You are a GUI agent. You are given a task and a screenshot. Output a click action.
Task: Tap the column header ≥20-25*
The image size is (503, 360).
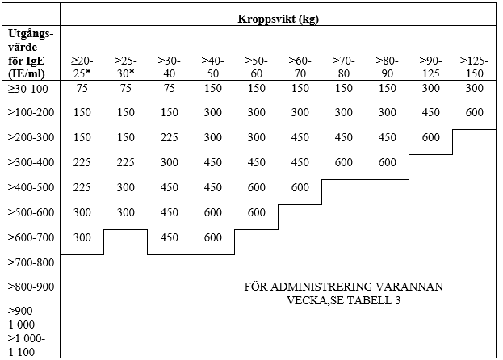click(82, 66)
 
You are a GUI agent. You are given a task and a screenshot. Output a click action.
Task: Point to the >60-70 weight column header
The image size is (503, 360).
click(300, 66)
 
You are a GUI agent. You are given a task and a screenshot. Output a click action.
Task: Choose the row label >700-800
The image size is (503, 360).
click(30, 262)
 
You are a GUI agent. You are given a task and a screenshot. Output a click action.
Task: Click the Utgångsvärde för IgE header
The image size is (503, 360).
click(31, 53)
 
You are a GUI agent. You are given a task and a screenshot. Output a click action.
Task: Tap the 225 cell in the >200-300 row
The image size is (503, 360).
click(169, 137)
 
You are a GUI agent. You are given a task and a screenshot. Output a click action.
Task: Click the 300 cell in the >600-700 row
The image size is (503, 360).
click(82, 237)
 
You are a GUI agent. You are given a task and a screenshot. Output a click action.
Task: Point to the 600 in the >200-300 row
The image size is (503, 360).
click(431, 137)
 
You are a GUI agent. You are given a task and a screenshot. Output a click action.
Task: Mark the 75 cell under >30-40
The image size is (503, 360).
click(169, 88)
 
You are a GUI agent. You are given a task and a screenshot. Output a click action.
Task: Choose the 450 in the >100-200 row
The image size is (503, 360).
click(431, 112)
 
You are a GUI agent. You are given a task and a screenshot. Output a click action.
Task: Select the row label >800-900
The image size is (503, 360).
click(30, 287)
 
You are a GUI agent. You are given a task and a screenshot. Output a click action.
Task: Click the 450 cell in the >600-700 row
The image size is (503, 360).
click(169, 237)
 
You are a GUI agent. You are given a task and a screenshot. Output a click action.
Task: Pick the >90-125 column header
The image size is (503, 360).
click(431, 66)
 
